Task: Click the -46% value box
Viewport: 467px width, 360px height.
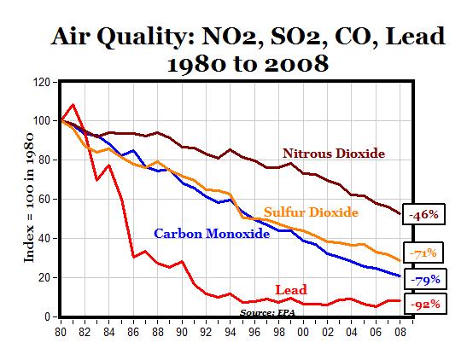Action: pyautogui.click(x=424, y=215)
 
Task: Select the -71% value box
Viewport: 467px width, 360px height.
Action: pyautogui.click(x=424, y=253)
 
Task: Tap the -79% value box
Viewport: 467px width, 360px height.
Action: pyautogui.click(x=424, y=278)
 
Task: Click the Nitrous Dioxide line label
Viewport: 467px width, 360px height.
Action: pyautogui.click(x=334, y=154)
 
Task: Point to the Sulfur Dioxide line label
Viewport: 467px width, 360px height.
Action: pyautogui.click(x=311, y=212)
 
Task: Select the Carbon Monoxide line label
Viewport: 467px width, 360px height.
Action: pyautogui.click(x=208, y=233)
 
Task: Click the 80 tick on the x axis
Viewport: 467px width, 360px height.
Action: pyautogui.click(x=61, y=328)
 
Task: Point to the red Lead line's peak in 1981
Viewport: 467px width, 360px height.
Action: pyautogui.click(x=73, y=105)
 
